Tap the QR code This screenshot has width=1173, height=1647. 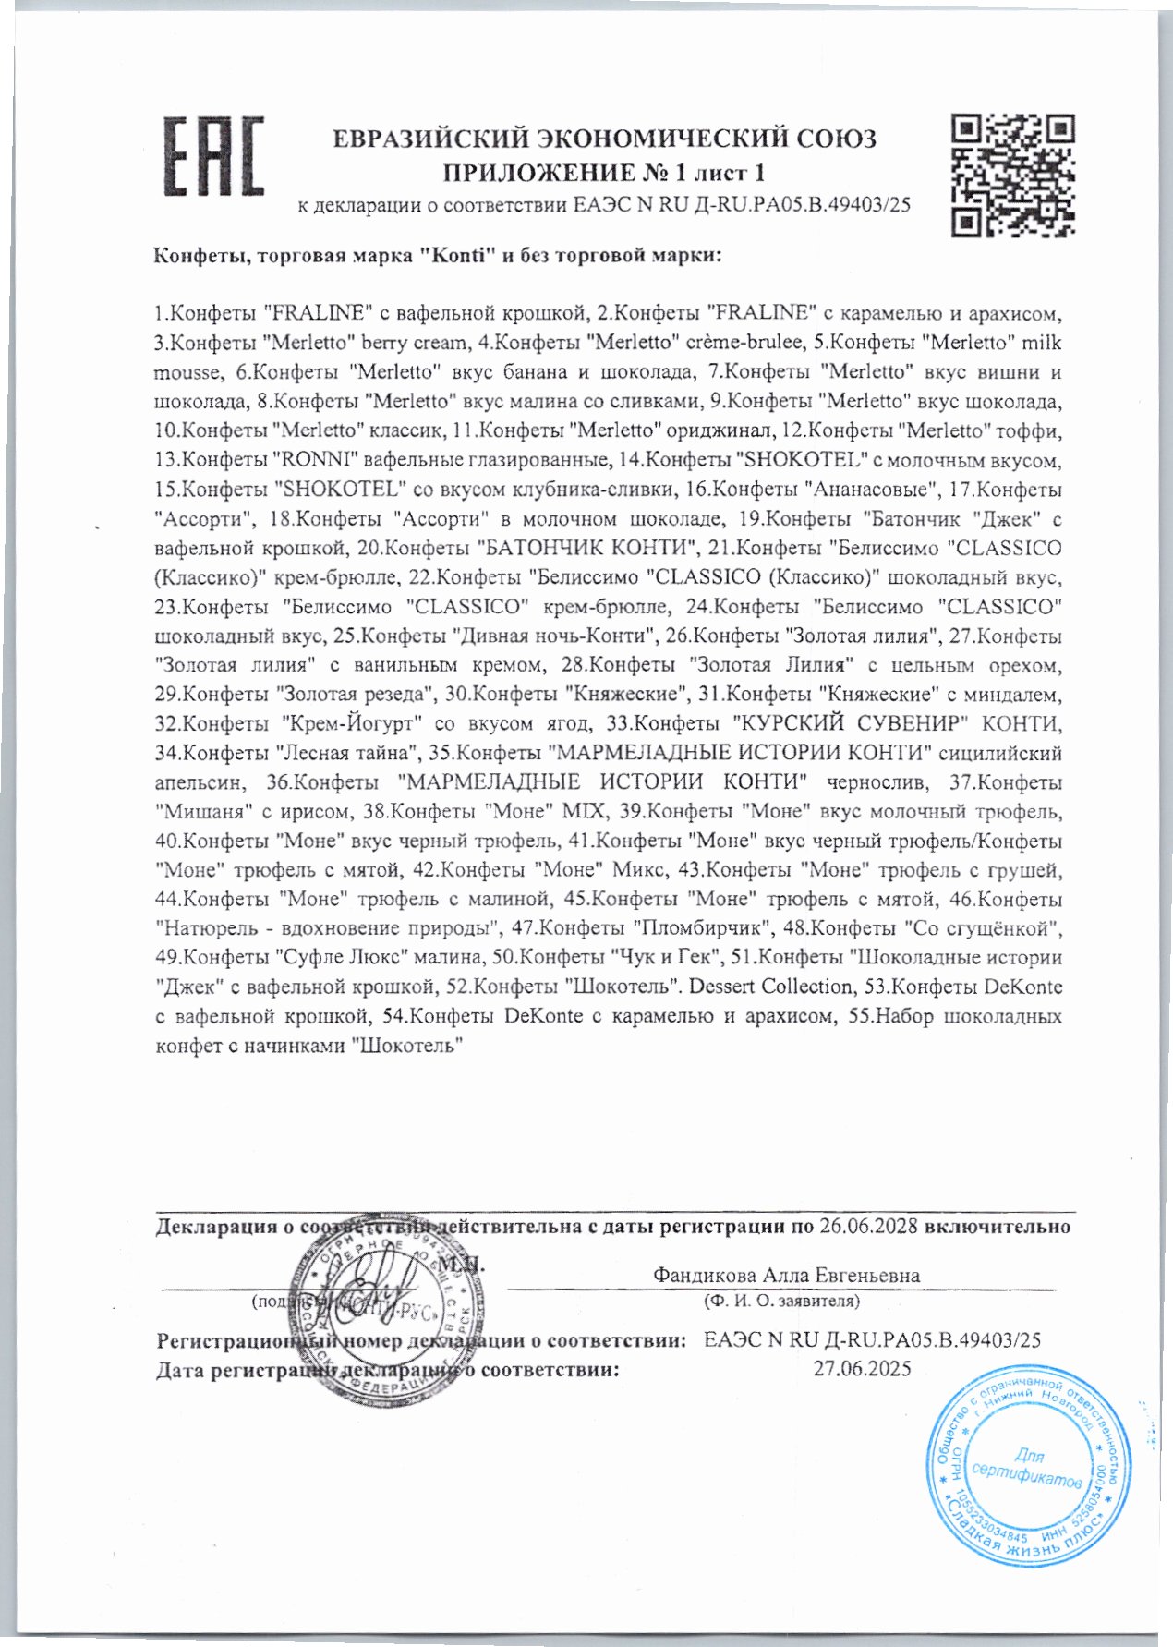[x=1012, y=174]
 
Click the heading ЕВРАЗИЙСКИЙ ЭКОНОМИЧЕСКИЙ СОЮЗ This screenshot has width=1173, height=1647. [x=605, y=139]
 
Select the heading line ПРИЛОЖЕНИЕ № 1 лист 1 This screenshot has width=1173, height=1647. [x=605, y=173]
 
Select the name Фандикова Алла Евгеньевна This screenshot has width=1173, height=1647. [x=786, y=1276]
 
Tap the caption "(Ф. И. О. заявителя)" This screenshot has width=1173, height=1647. [x=781, y=1302]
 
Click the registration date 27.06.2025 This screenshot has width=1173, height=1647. [x=862, y=1369]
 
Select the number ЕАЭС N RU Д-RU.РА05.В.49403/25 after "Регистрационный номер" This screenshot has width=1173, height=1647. [x=872, y=1339]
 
